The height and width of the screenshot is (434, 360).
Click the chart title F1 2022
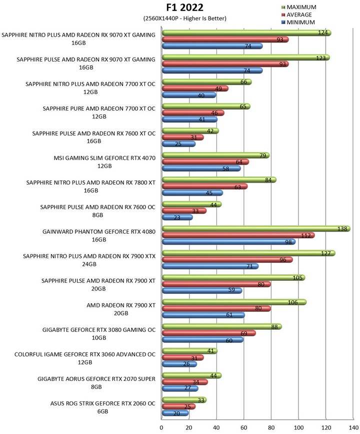pyautogui.click(x=184, y=8)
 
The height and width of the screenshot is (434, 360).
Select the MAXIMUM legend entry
pyautogui.click(x=298, y=7)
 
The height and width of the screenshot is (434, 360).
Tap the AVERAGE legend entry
pyautogui.click(x=296, y=15)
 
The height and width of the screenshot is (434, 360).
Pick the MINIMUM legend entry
pyautogui.click(x=298, y=22)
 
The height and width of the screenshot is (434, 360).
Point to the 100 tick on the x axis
pyautogui.click(x=298, y=427)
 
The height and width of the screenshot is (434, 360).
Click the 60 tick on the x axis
pyautogui.click(x=243, y=427)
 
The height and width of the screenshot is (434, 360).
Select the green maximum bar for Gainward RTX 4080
pyautogui.click(x=256, y=229)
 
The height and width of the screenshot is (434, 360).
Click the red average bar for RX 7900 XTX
pyautogui.click(x=227, y=260)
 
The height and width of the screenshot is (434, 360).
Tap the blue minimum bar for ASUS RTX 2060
pyautogui.click(x=175, y=413)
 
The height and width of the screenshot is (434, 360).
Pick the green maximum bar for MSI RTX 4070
pyautogui.click(x=215, y=155)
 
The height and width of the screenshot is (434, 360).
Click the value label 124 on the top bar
pyautogui.click(x=322, y=33)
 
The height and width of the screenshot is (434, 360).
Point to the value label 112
pyautogui.click(x=306, y=236)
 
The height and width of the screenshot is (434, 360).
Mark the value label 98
pyautogui.click(x=288, y=242)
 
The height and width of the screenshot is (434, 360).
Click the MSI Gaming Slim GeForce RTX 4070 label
pyautogui.click(x=104, y=162)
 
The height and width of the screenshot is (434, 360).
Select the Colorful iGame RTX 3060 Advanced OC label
pyautogui.click(x=85, y=358)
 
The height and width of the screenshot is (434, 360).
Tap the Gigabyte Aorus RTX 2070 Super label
pyautogui.click(x=96, y=383)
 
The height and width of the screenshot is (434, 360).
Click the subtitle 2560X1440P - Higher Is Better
pyautogui.click(x=184, y=18)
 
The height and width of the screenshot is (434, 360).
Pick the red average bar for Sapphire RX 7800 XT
pyautogui.click(x=204, y=186)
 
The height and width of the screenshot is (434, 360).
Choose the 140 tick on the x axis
pyautogui.click(x=353, y=427)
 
